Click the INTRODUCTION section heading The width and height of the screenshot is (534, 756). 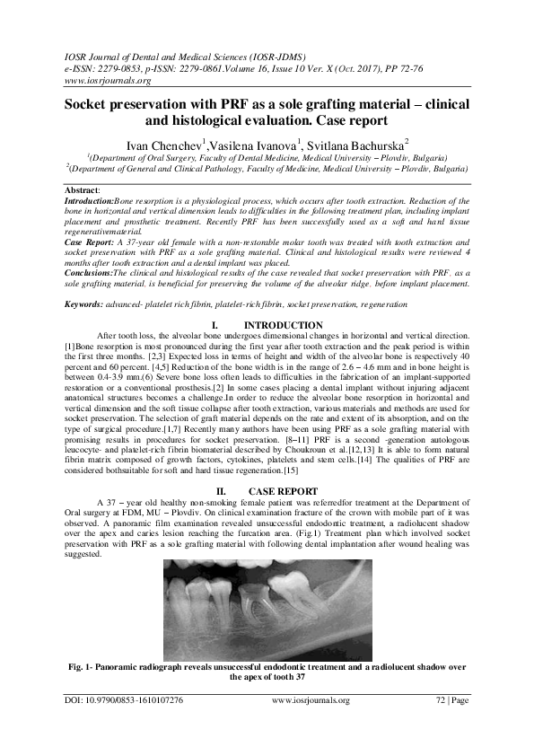pos(283,324)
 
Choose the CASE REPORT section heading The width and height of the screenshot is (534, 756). pos(283,491)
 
